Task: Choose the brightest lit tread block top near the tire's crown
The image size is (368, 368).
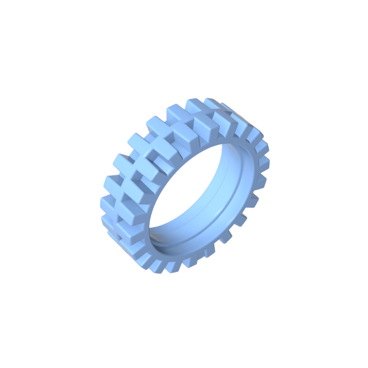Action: point(205,124)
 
